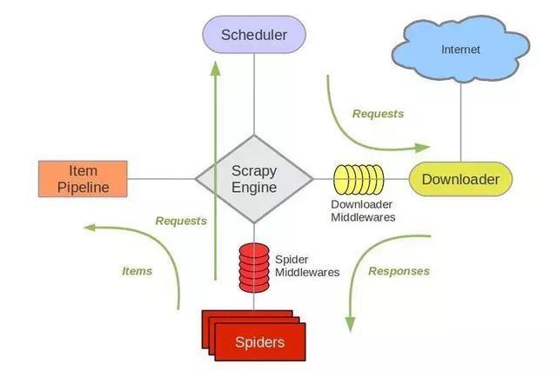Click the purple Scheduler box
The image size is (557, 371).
coord(253,35)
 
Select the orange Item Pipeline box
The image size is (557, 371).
coord(83,179)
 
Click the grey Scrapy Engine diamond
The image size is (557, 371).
coord(254,179)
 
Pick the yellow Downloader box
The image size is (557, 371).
coord(460,180)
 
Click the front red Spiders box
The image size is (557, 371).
coord(259,341)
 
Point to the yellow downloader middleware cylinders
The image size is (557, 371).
coord(359,179)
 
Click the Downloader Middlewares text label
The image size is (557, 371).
coord(363,211)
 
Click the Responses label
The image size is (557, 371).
coord(399,271)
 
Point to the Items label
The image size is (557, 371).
coord(137,271)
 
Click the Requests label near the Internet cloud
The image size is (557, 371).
coord(378,114)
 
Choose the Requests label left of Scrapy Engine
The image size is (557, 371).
coord(181,221)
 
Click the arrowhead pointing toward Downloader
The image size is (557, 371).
coord(422,146)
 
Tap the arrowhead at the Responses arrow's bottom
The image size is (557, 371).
coord(350,323)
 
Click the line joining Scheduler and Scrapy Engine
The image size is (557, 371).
coord(253,96)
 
